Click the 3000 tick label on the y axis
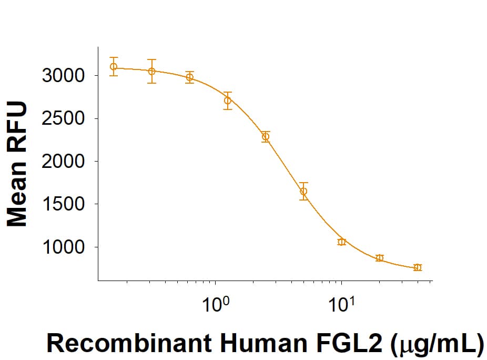63,76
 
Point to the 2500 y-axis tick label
63,118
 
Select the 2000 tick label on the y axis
63,161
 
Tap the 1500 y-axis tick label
63,204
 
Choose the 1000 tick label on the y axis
63,247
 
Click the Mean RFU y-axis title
18,165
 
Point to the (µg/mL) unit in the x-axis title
438,343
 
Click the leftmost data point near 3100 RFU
114,67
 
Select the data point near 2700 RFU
228,101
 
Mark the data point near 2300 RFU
266,137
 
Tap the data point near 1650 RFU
303,191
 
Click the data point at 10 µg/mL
341,242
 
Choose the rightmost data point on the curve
418,267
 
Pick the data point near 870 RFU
379,258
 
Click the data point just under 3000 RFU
190,77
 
